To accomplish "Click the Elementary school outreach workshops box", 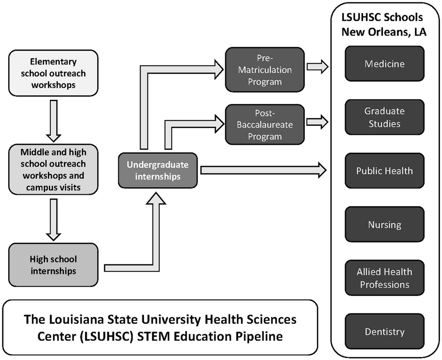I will point(53,73).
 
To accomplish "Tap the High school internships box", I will point(53,265).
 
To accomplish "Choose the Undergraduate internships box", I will point(157,170).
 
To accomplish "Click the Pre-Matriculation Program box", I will point(265,70).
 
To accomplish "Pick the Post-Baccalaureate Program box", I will point(265,124).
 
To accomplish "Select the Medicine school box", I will point(385,64).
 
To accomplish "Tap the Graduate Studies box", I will point(385,117).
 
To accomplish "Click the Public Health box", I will point(385,171).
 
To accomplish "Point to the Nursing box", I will point(385,224).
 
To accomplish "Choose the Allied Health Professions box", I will point(385,278).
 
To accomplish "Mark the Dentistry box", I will point(385,332).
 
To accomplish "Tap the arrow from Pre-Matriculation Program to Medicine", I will point(318,67).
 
